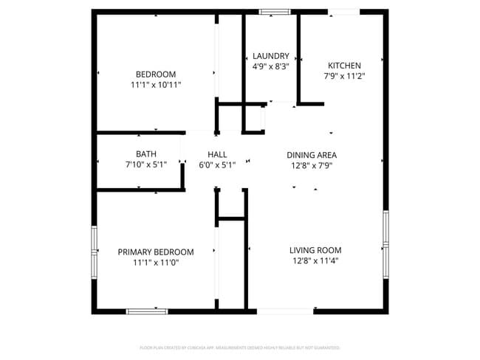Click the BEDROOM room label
click(156, 74)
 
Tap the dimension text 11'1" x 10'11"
click(156, 85)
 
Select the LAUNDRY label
click(270, 56)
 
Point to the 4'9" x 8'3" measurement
click(270, 66)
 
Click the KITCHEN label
click(344, 65)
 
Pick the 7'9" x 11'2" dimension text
click(344, 75)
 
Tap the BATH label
click(146, 154)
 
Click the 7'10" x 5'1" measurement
click(146, 165)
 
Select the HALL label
click(217, 154)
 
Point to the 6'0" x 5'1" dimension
click(217, 165)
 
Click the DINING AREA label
click(312, 155)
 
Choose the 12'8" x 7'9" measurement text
click(312, 165)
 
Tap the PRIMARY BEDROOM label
click(156, 252)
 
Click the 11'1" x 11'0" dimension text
click(156, 262)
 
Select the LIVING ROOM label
click(315, 250)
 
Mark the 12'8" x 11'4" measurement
click(315, 260)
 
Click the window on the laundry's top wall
click(274, 12)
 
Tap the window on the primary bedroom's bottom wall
click(147, 311)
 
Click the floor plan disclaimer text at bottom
click(239, 347)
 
